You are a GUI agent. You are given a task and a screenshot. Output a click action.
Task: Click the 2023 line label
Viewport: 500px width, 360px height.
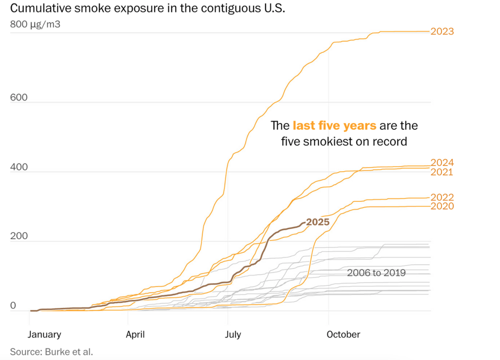tap(442, 32)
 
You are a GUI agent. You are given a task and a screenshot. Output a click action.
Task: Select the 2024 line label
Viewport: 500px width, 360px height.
tap(442, 163)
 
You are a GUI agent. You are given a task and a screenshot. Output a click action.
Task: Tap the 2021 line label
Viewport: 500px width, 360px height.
tap(442, 172)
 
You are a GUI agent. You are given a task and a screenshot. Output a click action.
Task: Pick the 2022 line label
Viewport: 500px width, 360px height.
tap(442, 197)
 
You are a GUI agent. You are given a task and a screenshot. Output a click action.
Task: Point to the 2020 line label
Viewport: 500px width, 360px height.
tap(442, 206)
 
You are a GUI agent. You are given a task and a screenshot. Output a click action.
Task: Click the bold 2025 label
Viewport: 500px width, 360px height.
tap(318, 222)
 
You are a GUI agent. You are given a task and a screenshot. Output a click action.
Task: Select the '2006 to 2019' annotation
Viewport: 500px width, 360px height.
tap(376, 273)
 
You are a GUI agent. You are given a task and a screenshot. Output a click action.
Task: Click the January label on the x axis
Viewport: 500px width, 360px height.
tap(44, 335)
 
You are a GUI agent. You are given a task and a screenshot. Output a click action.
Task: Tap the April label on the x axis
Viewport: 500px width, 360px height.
tap(135, 335)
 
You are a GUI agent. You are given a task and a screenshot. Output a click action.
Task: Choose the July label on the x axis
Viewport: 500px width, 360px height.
tap(233, 335)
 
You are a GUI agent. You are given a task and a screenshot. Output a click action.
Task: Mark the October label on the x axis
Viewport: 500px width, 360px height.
tap(343, 335)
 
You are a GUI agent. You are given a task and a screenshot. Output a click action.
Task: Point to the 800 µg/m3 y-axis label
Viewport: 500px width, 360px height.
tap(35, 24)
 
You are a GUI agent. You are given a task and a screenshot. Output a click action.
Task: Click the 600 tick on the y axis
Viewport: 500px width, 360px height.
tap(19, 97)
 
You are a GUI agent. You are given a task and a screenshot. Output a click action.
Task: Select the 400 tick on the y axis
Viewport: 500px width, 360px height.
tap(19, 167)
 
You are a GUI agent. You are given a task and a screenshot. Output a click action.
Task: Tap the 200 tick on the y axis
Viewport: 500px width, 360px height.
tap(19, 236)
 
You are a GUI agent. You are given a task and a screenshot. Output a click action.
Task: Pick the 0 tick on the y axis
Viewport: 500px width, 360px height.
tap(13, 305)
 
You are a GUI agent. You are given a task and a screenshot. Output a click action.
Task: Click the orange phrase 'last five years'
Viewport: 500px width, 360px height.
tap(334, 126)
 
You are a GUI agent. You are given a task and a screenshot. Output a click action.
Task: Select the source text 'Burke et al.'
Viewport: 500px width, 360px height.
tap(69, 352)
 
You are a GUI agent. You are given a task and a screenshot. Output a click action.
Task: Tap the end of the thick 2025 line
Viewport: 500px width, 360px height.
tap(304, 223)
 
